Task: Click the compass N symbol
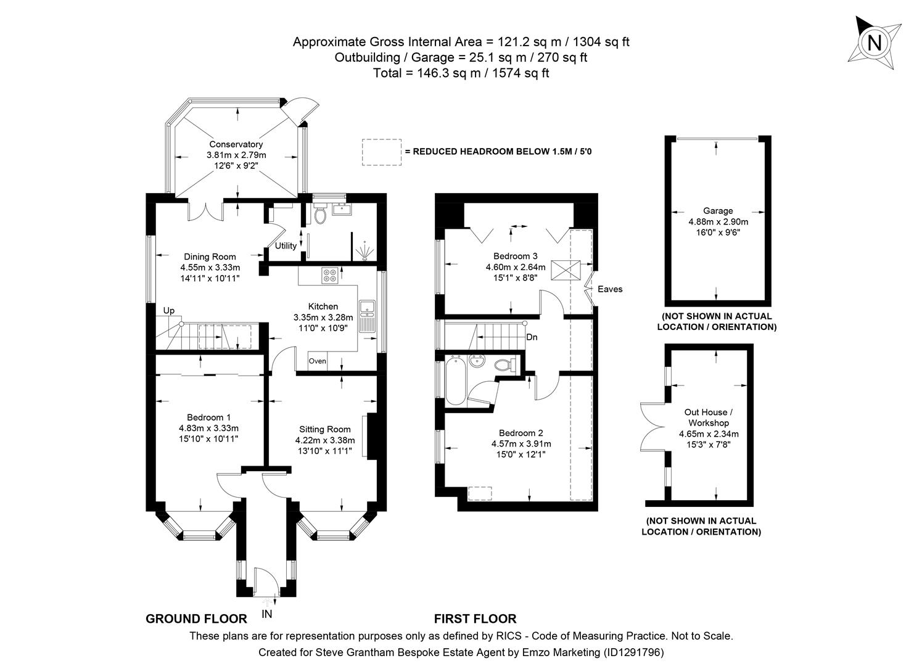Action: [x=874, y=43]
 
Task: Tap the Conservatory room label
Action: [x=236, y=144]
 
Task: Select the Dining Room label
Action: [x=210, y=257]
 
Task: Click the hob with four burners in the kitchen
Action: [x=329, y=275]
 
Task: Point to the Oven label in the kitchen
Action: [x=317, y=361]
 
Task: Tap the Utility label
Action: [x=286, y=245]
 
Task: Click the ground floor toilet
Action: [x=319, y=214]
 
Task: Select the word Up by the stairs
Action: [x=168, y=310]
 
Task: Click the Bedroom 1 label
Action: [x=208, y=417]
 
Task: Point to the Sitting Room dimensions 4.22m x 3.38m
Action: [x=325, y=440]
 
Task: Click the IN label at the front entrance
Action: [x=266, y=614]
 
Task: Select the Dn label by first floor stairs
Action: [x=532, y=337]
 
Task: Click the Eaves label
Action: [x=609, y=289]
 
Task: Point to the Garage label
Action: [x=718, y=211]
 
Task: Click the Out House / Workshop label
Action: [x=709, y=417]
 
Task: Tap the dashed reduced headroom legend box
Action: [x=381, y=152]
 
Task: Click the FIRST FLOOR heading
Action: [x=475, y=619]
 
